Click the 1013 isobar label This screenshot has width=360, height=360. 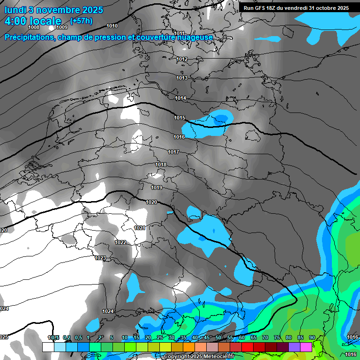pos(182,78)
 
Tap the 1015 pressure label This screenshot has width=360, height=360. pos(180,118)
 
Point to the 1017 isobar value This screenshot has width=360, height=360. pos(173,152)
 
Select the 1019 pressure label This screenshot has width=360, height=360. pos(157,187)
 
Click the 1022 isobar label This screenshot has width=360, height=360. pos(120,242)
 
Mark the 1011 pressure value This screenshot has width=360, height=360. pos(180,33)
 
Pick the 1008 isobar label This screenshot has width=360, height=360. pos(34,27)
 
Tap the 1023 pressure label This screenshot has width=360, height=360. pos(100,258)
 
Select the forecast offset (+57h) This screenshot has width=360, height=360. pos(81,21)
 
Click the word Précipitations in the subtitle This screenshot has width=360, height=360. pos(30,37)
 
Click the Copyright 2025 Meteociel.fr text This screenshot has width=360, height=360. pos(199,356)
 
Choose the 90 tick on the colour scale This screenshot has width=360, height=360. pos(312,337)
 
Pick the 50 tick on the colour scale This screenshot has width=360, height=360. pos(218,337)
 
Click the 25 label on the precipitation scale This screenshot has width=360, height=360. pos(160,337)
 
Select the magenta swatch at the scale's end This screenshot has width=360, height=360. pos(306,347)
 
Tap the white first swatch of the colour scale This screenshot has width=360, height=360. pos(48,347)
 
